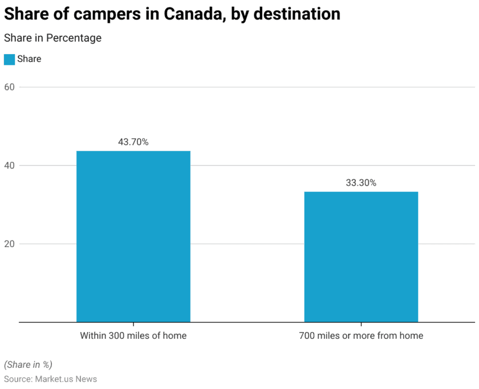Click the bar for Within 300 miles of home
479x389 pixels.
pyautogui.click(x=133, y=236)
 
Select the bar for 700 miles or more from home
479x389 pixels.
pyautogui.click(x=361, y=256)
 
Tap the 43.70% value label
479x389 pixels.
pyautogui.click(x=133, y=142)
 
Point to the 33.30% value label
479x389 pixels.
pyautogui.click(x=361, y=183)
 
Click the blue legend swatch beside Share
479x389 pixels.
pyautogui.click(x=9, y=59)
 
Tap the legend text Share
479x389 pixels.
pyautogui.click(x=29, y=59)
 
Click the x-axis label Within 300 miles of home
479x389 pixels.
pyautogui.click(x=133, y=335)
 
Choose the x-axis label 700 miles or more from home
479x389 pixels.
pyautogui.click(x=361, y=335)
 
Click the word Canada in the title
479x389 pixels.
pyautogui.click(x=191, y=14)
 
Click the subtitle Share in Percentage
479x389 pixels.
pyautogui.click(x=52, y=38)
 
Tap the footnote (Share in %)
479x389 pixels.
pyautogui.click(x=28, y=365)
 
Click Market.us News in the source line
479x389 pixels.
pyautogui.click(x=66, y=379)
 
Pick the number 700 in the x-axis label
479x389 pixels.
pyautogui.click(x=307, y=335)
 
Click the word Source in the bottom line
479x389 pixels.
pyautogui.click(x=17, y=379)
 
